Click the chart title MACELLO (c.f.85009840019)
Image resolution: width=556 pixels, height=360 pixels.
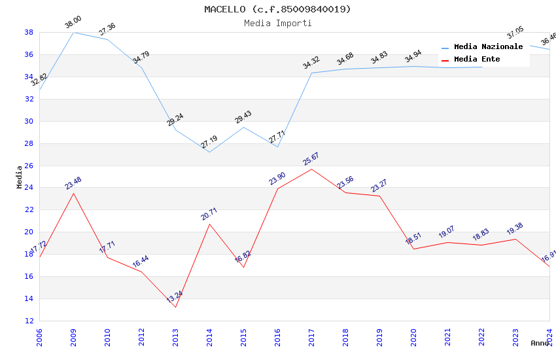(277, 9)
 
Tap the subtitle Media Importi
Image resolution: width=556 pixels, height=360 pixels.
(277, 23)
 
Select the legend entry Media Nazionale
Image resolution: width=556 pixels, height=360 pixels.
(488, 47)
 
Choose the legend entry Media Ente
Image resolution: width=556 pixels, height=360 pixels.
(477, 60)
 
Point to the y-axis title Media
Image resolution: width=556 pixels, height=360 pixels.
(20, 177)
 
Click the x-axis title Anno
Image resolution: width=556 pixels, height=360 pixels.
(540, 343)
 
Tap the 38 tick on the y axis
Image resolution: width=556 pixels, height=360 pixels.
(29, 32)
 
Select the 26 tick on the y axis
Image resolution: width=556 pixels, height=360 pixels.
(29, 166)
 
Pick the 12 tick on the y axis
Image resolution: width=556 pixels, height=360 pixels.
(29, 321)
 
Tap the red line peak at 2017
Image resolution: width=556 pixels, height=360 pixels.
(311, 169)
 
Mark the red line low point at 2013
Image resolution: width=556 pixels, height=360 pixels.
(175, 307)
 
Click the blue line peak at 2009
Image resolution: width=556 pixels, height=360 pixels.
(73, 32)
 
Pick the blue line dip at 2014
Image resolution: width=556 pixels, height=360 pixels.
(209, 152)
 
